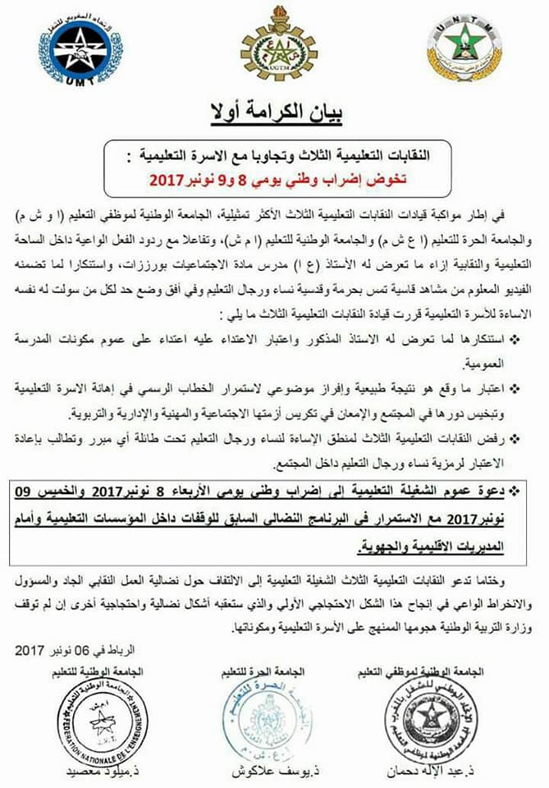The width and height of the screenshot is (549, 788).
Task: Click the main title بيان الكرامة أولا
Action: tap(275, 113)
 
